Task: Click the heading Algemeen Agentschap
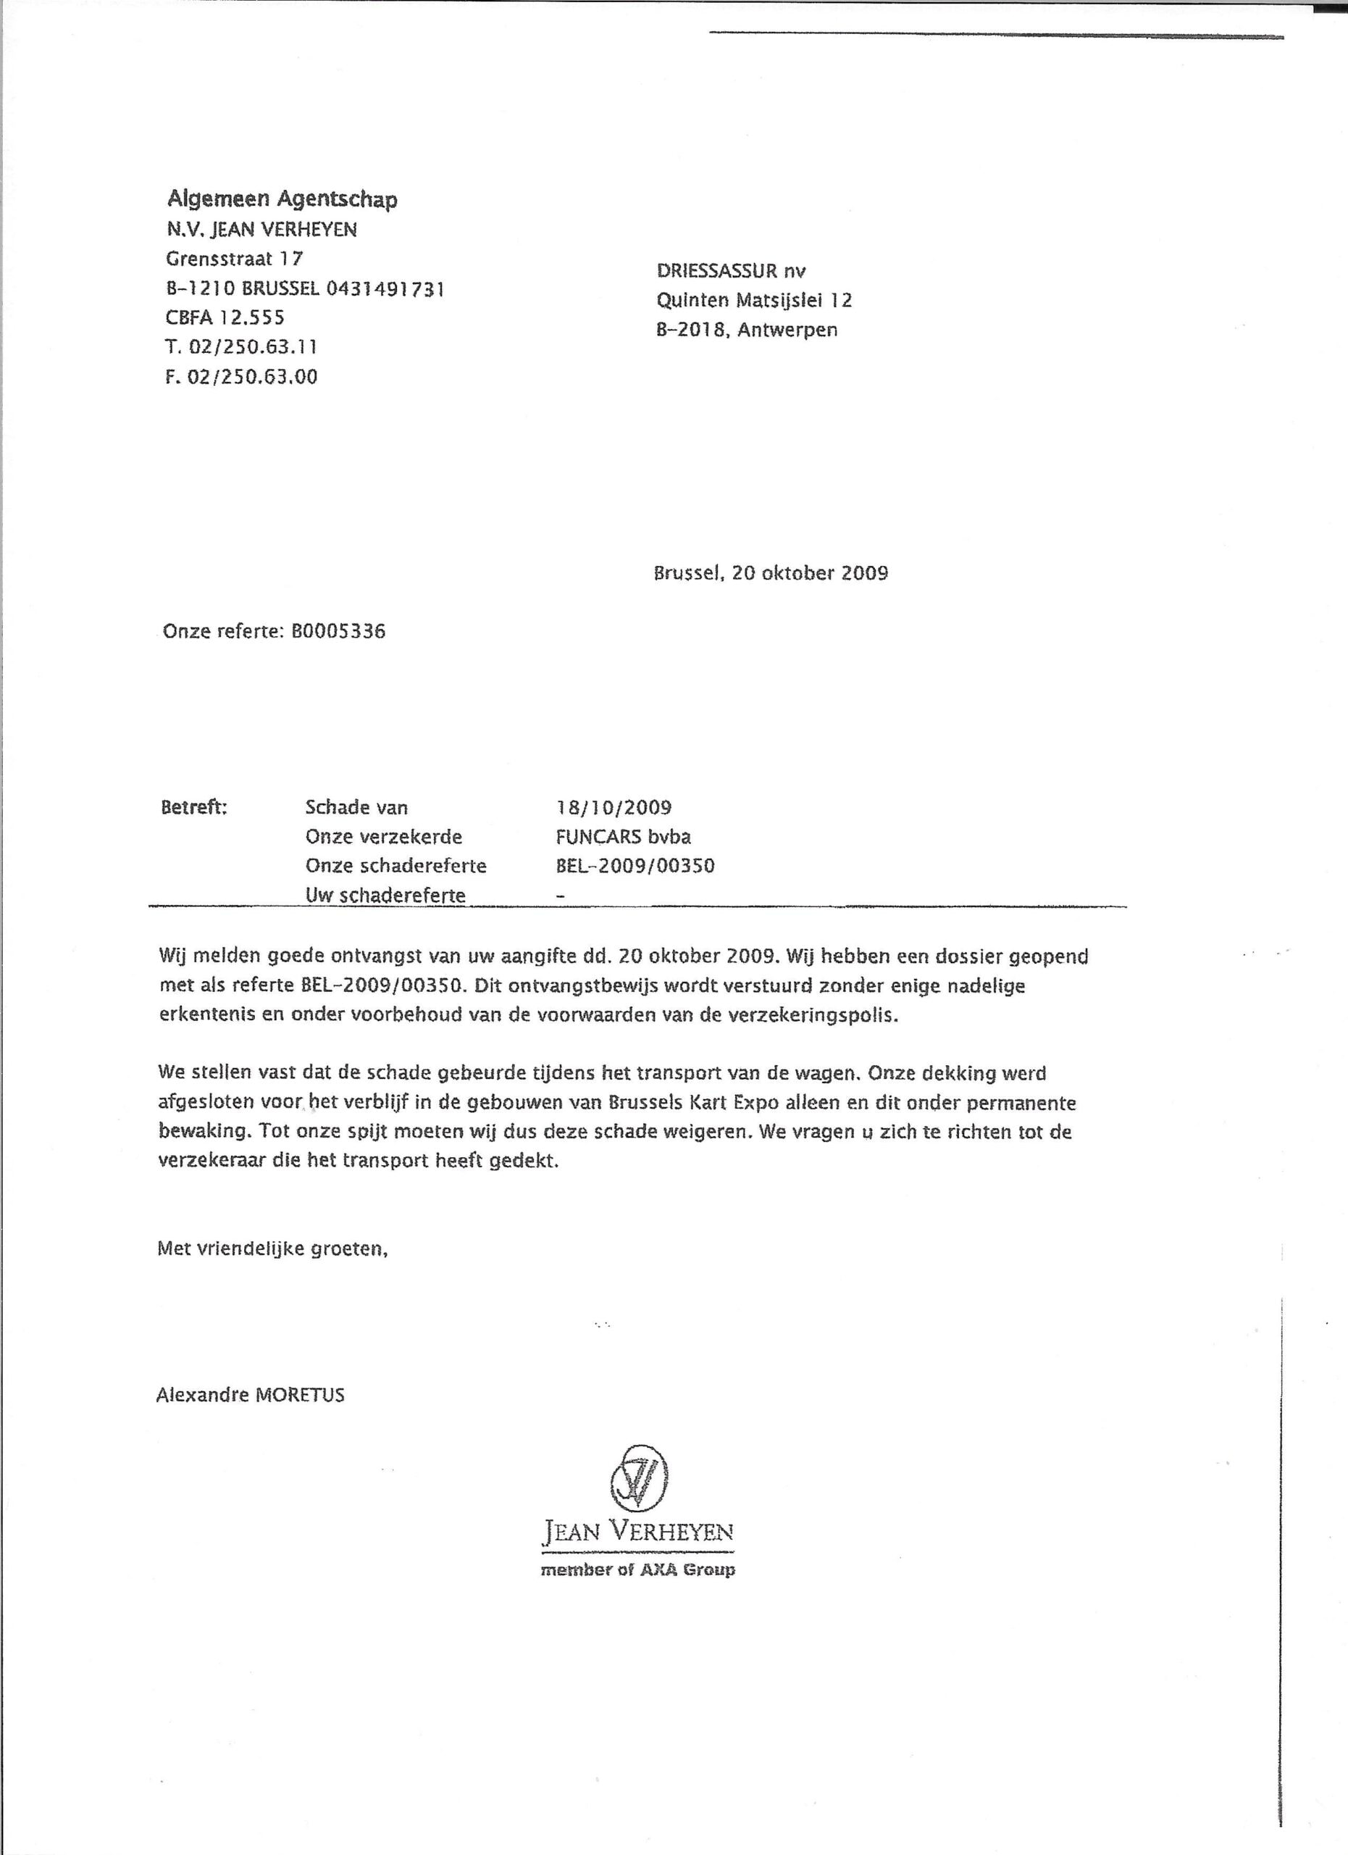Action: [282, 199]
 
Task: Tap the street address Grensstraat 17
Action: [235, 259]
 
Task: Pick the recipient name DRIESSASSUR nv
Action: [731, 271]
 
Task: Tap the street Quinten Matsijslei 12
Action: [754, 300]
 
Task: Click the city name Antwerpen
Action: [787, 330]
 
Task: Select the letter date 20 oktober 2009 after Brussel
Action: [809, 572]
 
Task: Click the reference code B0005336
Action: [338, 631]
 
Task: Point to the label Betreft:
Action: [195, 807]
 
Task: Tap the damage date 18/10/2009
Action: [613, 807]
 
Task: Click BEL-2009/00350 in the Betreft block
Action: [635, 865]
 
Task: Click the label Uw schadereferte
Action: [385, 895]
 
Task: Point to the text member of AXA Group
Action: [637, 1570]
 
